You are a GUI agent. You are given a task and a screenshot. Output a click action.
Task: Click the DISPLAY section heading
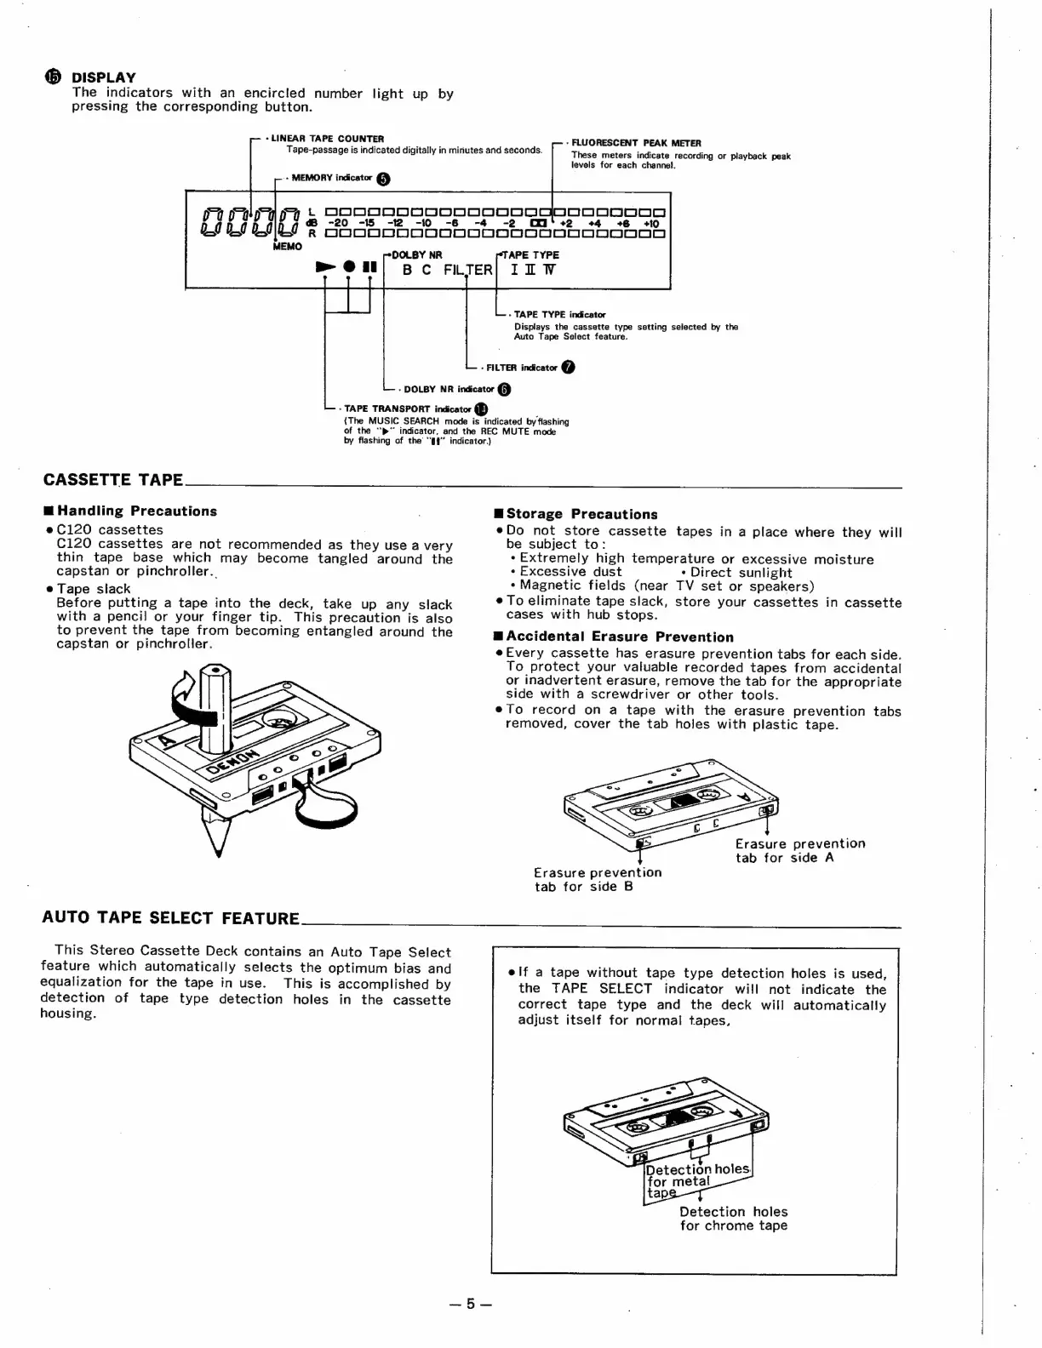point(103,77)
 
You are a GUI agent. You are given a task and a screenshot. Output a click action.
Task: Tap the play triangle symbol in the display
point(324,267)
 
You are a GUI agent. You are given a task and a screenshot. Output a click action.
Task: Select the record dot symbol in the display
point(348,267)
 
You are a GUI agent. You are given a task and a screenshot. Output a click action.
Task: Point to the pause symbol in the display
point(369,267)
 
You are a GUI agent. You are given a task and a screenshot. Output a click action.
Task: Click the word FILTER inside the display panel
point(467,270)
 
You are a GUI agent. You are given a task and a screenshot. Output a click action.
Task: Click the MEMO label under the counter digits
point(288,246)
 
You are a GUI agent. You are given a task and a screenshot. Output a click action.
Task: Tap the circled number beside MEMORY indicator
point(384,179)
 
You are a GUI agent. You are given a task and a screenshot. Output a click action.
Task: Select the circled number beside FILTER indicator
point(568,368)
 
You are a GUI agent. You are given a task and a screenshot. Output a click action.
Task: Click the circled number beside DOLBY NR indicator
point(504,390)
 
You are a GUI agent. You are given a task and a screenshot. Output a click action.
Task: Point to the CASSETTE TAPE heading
point(113,480)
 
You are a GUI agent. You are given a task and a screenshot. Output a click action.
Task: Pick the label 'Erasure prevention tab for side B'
point(597,880)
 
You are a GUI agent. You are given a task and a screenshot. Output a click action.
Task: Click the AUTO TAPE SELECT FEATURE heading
point(170,918)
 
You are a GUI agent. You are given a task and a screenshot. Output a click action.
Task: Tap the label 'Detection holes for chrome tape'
point(733,1219)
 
